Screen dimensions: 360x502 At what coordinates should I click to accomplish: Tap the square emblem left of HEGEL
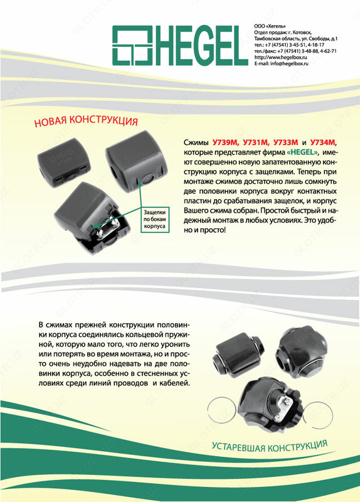click(x=132, y=45)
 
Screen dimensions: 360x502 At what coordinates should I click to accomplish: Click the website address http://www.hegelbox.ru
click(x=280, y=57)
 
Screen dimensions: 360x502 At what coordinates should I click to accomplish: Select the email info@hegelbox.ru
click(x=281, y=63)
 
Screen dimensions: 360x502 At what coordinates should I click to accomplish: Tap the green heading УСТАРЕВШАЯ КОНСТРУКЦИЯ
click(x=270, y=446)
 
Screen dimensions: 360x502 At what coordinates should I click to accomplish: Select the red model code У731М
click(x=256, y=142)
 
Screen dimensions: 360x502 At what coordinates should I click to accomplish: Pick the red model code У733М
click(x=286, y=142)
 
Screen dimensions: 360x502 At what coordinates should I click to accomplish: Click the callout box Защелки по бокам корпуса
click(x=154, y=219)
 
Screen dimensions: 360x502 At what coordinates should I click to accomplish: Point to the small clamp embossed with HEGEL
click(x=64, y=161)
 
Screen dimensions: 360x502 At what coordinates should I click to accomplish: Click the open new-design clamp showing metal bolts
click(x=92, y=218)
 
